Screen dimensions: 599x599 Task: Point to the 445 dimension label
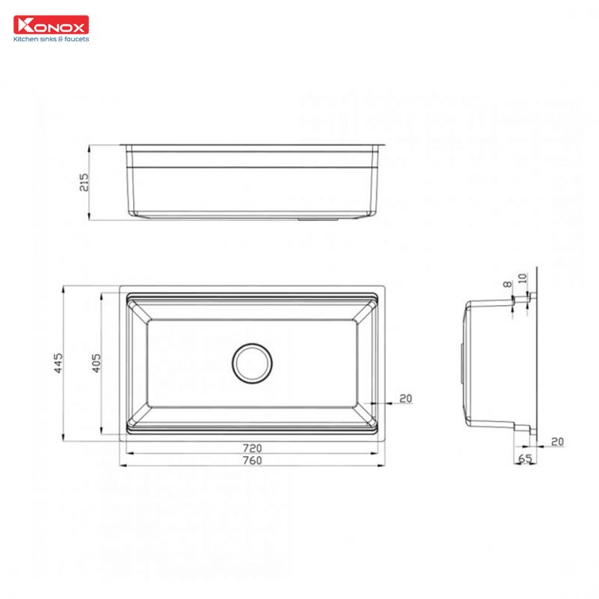[58, 363]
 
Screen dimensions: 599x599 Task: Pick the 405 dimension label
[96, 363]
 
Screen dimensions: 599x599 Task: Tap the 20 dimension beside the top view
[405, 399]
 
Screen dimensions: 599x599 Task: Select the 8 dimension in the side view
[509, 286]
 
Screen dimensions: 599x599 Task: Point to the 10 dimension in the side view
[523, 278]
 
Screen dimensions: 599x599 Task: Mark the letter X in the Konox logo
[80, 25]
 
